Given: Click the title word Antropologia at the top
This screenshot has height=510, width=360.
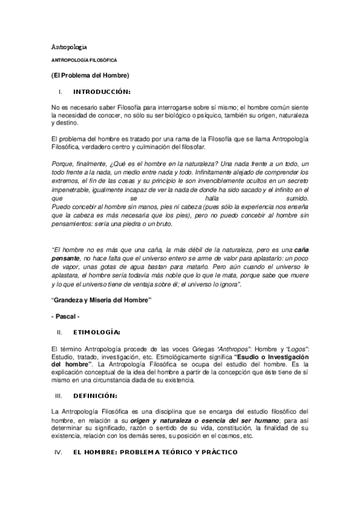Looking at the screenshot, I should pyautogui.click(x=72, y=47).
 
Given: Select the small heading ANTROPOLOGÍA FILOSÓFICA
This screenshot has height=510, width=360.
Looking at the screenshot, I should pyautogui.click(x=84, y=61).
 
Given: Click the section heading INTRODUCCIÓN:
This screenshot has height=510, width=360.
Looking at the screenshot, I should pyautogui.click(x=102, y=92).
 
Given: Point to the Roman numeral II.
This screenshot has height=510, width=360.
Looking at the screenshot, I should pyautogui.click(x=59, y=331).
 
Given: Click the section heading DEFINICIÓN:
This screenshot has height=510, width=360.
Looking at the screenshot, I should pyautogui.click(x=95, y=395).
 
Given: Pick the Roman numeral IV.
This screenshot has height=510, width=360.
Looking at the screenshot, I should pyautogui.click(x=59, y=451).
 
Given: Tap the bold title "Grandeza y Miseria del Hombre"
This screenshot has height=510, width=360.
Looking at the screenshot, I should pyautogui.click(x=101, y=299).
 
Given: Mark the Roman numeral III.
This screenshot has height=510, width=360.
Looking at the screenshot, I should pyautogui.click(x=59, y=395).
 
